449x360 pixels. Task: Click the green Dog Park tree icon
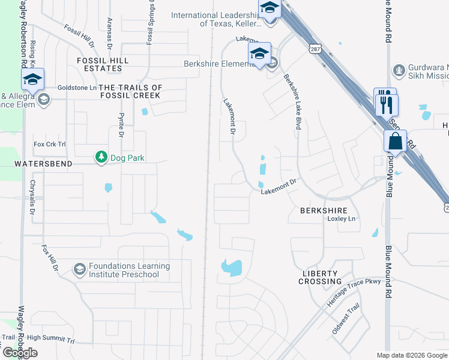coord(101,157)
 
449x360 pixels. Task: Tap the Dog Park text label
coord(127,158)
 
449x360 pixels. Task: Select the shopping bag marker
coord(396,143)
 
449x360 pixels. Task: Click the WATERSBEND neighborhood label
coord(43,163)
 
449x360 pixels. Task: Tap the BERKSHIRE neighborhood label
coord(324,211)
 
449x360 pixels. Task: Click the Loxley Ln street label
coord(342,219)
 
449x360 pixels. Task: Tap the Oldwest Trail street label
coord(345,319)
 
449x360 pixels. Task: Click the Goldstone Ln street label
coord(77,88)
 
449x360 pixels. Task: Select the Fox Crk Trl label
coord(49,144)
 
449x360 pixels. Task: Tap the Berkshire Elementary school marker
coord(259,55)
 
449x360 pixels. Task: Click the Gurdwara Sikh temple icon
coord(398,71)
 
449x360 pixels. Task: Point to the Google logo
coord(20,353)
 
